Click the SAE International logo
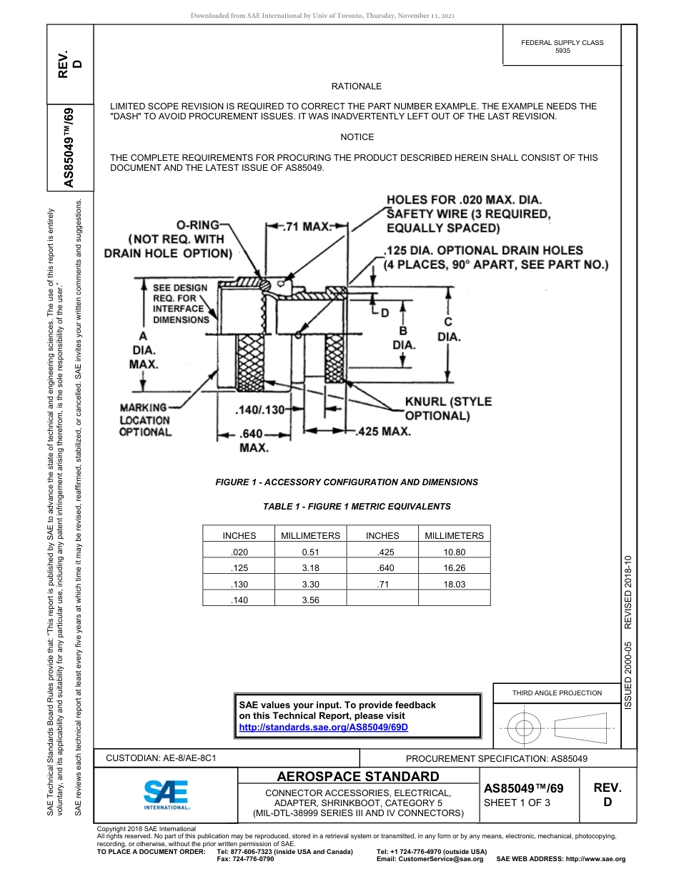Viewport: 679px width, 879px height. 166,794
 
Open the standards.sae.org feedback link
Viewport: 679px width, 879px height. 323,727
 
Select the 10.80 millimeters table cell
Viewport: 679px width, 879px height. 454,552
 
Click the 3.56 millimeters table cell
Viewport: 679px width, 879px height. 310,600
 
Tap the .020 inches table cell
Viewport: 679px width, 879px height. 239,552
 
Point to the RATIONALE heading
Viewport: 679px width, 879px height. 357,86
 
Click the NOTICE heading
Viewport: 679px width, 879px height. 357,137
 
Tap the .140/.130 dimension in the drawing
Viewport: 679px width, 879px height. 260,409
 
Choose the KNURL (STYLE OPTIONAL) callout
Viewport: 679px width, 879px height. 448,408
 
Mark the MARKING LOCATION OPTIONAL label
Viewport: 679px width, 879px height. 145,419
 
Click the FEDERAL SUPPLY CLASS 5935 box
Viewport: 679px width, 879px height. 562,46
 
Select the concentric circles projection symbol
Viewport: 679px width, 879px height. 525,729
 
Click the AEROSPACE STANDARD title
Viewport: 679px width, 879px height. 358,777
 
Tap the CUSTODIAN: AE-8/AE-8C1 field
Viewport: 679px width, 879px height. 161,758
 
